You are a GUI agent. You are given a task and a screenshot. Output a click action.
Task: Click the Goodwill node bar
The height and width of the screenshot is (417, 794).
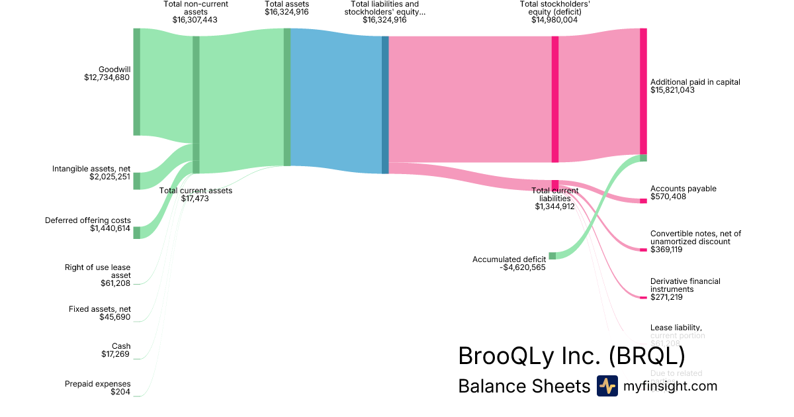click(x=137, y=81)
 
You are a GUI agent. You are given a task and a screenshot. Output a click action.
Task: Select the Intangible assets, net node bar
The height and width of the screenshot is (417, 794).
click(x=137, y=181)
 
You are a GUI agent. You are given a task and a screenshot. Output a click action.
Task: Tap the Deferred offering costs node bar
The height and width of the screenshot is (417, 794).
click(x=137, y=232)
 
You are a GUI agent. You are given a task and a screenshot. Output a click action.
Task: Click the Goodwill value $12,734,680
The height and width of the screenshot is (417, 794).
click(x=107, y=77)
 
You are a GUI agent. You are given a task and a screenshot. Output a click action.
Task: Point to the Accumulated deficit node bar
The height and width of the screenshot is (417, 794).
click(x=552, y=255)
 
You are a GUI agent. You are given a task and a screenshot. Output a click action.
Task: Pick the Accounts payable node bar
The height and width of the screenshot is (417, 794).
click(x=643, y=201)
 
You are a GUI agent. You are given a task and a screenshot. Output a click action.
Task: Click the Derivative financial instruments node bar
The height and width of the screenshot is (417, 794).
click(x=643, y=298)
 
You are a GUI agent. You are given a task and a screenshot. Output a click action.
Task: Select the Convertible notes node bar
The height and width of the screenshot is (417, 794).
click(x=643, y=250)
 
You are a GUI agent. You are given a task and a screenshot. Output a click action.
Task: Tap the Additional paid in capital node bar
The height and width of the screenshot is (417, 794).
click(x=643, y=91)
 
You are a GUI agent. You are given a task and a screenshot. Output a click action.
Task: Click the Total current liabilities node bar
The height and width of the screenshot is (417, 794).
click(x=555, y=184)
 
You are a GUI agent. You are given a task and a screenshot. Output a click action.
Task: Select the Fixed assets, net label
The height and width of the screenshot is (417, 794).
click(x=99, y=309)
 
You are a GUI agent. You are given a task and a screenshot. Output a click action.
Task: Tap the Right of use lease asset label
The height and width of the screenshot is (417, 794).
click(x=98, y=271)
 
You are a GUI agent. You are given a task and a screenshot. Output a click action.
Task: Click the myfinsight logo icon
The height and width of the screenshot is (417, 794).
click(x=607, y=386)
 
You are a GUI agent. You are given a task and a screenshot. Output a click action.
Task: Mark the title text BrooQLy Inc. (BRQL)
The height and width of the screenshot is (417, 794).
click(x=571, y=356)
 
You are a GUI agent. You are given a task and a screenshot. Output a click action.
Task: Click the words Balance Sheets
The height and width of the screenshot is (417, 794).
click(x=523, y=387)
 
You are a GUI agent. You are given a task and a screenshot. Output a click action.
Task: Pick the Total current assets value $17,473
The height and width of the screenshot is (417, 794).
click(x=195, y=198)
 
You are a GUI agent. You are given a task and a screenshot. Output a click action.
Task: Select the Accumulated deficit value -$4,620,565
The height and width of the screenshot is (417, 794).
click(x=523, y=267)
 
